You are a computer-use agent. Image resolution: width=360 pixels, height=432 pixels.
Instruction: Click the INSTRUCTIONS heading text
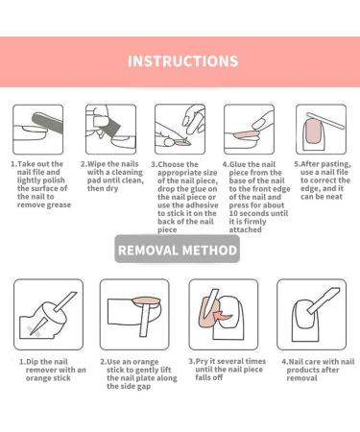pyautogui.click(x=182, y=61)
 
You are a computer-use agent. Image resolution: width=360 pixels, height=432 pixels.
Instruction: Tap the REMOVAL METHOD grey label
pyautogui.click(x=178, y=250)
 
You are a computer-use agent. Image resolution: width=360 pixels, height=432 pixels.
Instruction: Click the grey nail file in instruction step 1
pyautogui.click(x=48, y=127)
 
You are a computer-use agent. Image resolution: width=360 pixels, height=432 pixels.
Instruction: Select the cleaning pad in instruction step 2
pyautogui.click(x=109, y=129)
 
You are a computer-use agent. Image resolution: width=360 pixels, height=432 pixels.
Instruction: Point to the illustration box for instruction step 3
pyautogui.click(x=180, y=130)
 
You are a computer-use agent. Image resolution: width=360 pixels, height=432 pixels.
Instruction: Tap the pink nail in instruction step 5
pyautogui.click(x=314, y=132)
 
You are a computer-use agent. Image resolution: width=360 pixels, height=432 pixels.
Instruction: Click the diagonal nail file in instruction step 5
pyautogui.click(x=325, y=121)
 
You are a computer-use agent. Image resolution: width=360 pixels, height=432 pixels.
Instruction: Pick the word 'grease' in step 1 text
pyautogui.click(x=57, y=205)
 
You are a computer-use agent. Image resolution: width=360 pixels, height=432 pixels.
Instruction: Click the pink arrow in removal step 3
pyautogui.click(x=224, y=316)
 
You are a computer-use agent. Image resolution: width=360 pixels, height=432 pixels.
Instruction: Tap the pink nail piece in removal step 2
pyautogui.click(x=146, y=301)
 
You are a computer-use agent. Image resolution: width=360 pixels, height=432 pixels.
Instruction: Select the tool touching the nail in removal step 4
pyautogui.click(x=323, y=300)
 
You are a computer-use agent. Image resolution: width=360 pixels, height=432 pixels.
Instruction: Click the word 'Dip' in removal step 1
pyautogui.click(x=33, y=362)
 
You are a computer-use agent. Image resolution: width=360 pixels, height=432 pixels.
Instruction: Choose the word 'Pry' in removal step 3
pyautogui.click(x=202, y=361)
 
